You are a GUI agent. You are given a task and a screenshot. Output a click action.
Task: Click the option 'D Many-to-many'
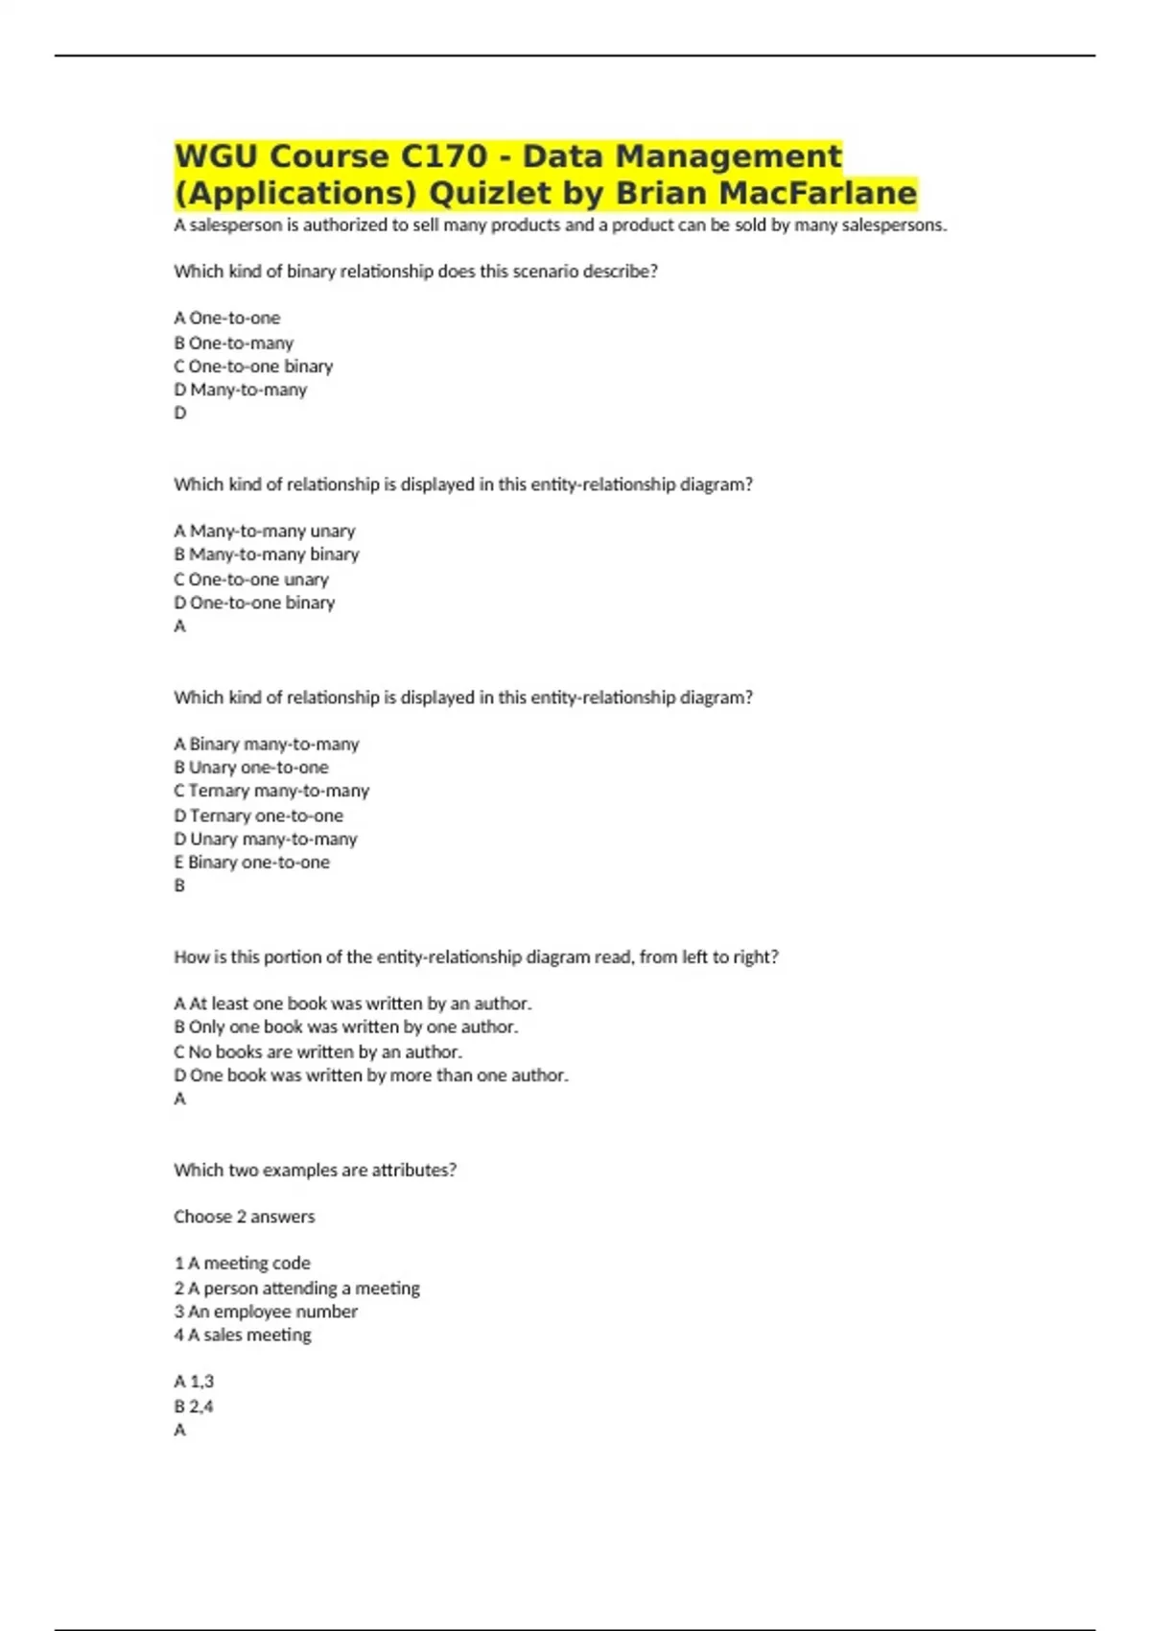click(x=241, y=390)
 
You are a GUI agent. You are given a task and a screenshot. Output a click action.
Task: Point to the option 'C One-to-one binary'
click(x=253, y=366)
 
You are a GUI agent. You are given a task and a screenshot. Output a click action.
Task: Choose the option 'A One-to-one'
click(x=227, y=318)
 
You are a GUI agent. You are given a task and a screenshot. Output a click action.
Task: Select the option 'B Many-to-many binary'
click(x=267, y=555)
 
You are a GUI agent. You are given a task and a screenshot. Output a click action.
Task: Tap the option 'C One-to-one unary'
click(x=251, y=579)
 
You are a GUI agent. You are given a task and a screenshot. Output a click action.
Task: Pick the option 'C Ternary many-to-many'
click(x=271, y=791)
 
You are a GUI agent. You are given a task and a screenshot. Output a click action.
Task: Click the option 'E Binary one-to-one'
click(x=251, y=863)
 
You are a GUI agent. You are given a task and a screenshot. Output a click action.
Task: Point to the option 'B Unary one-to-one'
click(x=251, y=768)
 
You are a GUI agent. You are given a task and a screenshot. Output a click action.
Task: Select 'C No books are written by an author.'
click(x=317, y=1052)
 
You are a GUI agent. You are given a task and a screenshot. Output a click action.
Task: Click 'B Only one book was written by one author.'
click(x=345, y=1027)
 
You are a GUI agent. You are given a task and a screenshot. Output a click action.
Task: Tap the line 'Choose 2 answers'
click(x=244, y=1217)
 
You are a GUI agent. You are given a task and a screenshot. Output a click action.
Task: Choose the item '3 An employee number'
click(x=266, y=1312)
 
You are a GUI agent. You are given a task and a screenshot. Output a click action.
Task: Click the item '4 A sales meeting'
click(x=243, y=1335)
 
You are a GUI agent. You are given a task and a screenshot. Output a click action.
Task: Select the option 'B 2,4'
click(x=194, y=1406)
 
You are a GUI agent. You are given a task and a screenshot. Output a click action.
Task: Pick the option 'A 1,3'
click(x=194, y=1382)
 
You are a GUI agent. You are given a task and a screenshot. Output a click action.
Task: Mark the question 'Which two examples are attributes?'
click(x=315, y=1170)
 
